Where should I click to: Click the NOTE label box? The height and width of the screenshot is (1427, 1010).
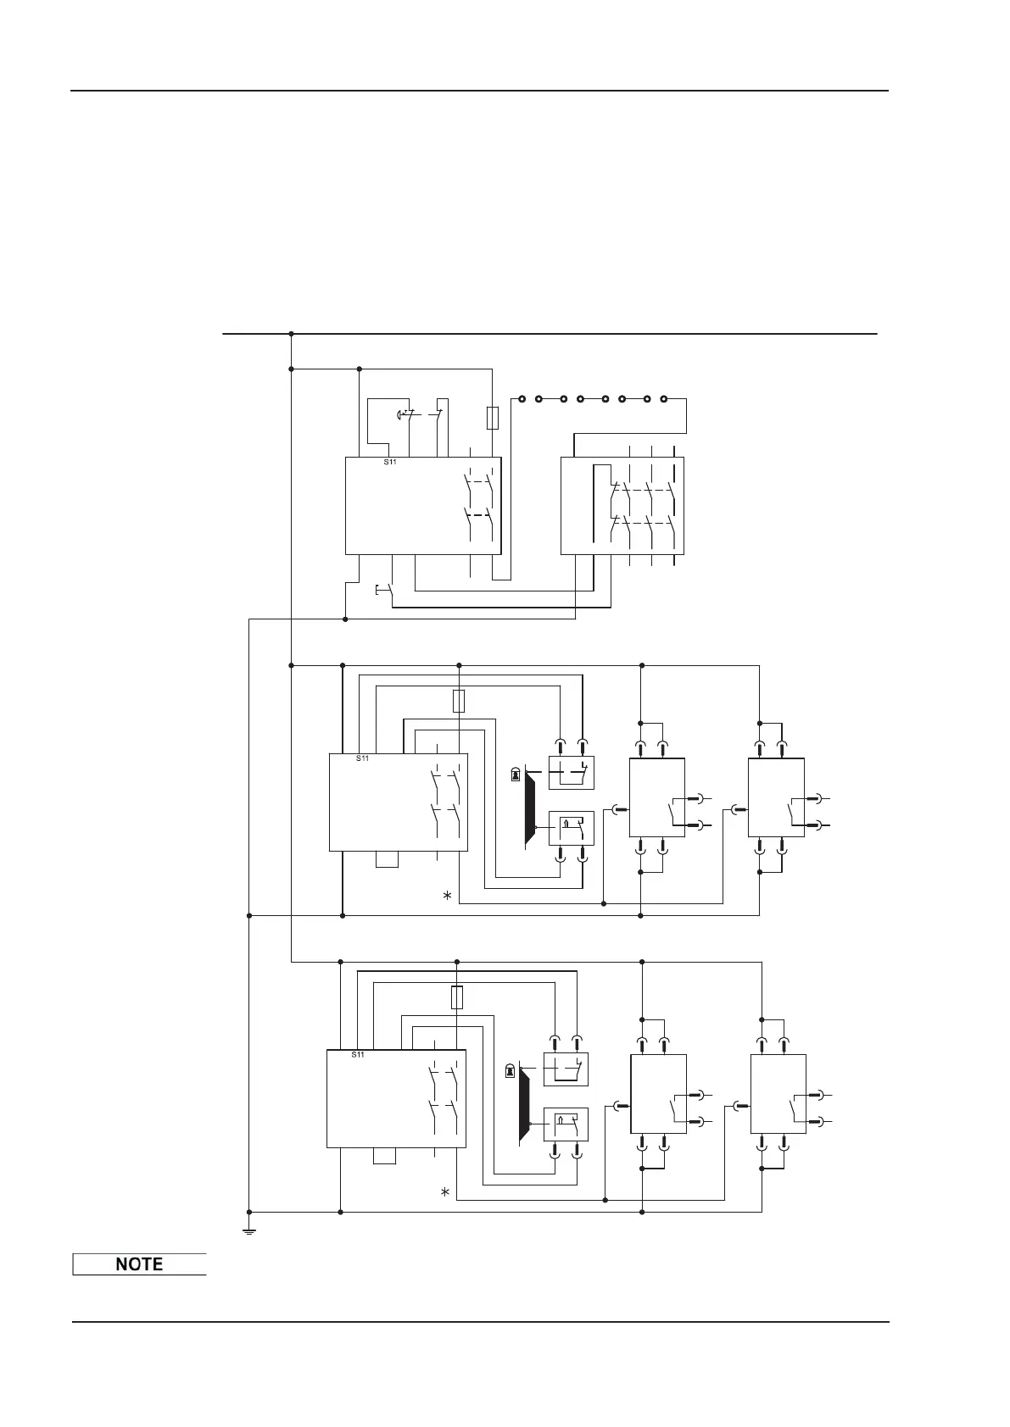coord(139,1263)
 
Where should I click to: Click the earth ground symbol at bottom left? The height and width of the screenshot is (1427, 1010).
coord(249,1230)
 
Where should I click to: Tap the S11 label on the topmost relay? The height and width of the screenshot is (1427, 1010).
coord(390,463)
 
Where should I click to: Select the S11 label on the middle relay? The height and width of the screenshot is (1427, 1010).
coord(363,758)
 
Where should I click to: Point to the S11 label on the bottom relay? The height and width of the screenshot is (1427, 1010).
coord(358,1055)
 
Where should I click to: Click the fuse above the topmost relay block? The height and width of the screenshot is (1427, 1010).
coord(492,418)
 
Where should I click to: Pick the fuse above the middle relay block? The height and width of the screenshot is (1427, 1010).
coord(459,701)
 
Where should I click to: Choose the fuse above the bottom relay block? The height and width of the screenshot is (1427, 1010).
coord(457,997)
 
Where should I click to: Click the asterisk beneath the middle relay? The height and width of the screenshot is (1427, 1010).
coord(447,896)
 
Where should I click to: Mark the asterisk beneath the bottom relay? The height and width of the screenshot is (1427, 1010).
coord(444,1193)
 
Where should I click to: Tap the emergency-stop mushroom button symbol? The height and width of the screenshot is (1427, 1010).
coord(402,414)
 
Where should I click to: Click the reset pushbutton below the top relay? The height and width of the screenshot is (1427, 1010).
coord(383,590)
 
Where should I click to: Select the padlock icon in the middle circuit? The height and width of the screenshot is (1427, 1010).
coord(515,775)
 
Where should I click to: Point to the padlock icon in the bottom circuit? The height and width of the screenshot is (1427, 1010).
coord(509,1070)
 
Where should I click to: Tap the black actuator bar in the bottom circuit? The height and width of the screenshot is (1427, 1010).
coord(524,1105)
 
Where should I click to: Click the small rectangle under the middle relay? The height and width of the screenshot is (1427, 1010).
coord(386,860)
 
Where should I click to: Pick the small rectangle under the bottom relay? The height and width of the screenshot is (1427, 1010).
coord(384,1157)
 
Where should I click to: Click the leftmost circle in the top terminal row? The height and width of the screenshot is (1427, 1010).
coord(522,398)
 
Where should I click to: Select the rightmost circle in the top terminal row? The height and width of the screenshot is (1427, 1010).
coord(664,398)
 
